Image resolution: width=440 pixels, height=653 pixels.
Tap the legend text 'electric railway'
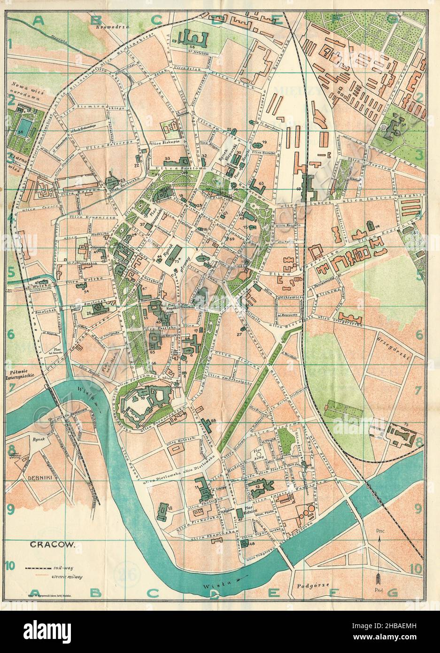tap(67, 576)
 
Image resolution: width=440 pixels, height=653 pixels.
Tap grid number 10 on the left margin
tap(10, 566)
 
